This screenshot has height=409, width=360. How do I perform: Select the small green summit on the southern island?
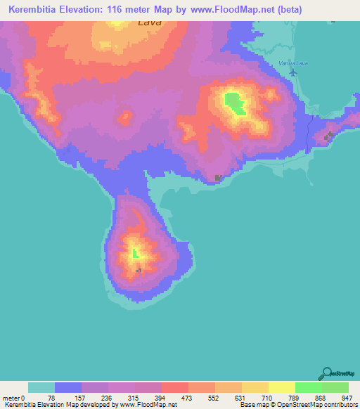[136, 252]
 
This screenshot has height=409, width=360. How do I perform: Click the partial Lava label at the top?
[149, 22]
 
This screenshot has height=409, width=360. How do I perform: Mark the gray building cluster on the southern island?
[139, 270]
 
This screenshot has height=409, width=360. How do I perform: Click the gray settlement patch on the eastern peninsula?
[328, 136]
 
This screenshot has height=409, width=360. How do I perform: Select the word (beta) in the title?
[338, 10]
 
